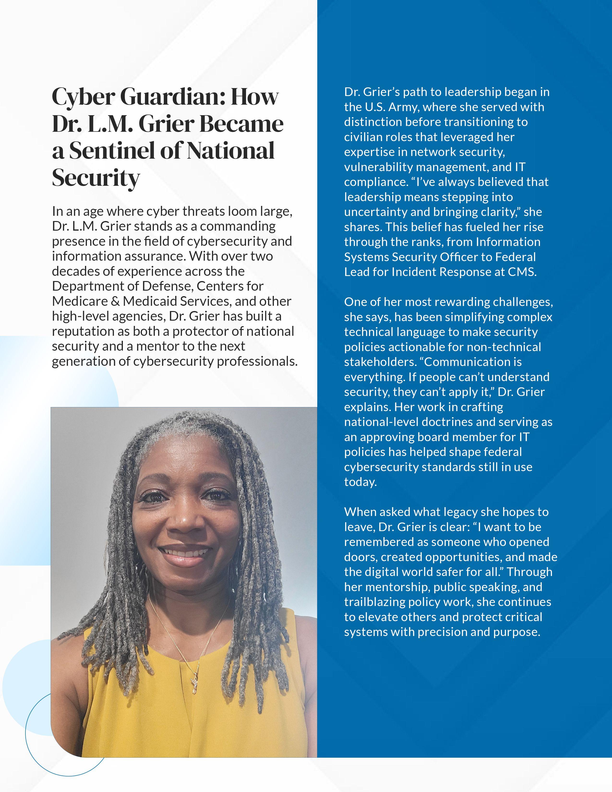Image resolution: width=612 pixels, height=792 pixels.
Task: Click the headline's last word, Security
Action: pyautogui.click(x=96, y=178)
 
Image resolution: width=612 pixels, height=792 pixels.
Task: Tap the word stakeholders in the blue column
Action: pyautogui.click(x=379, y=362)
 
